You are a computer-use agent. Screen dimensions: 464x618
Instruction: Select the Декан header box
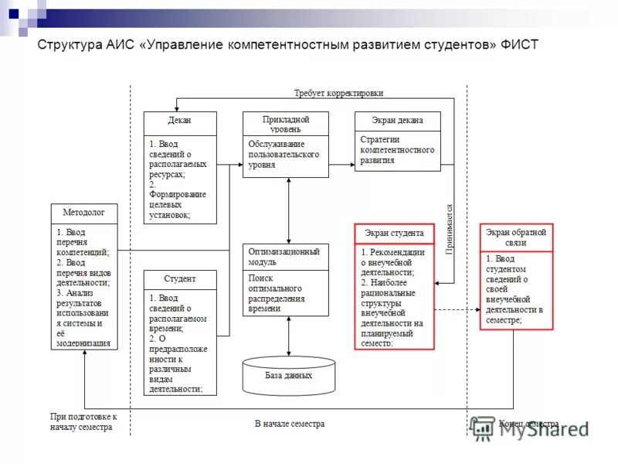pos(180,121)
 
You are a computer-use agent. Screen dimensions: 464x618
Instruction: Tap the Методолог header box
pos(84,211)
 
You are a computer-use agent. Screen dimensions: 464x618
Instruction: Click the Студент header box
pos(180,279)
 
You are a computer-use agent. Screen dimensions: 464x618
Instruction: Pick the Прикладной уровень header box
pos(286,124)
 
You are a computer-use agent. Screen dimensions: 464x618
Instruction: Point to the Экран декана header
pos(397,121)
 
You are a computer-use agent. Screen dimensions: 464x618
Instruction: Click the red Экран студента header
pos(394,233)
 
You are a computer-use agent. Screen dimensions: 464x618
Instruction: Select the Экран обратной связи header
pos(517,237)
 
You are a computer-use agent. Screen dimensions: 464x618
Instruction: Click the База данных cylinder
pos(288,375)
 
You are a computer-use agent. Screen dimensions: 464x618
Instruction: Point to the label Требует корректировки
pos(338,93)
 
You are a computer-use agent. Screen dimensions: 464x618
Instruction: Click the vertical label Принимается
pos(450,229)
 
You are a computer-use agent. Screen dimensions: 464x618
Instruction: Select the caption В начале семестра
pos(290,424)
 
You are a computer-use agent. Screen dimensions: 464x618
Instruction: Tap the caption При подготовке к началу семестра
pos(83,421)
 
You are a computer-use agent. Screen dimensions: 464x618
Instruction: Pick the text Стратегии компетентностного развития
pos(397,150)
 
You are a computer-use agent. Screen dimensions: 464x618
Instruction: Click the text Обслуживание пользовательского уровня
pos(284,155)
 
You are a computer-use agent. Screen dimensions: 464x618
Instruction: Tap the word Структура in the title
pos(67,45)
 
